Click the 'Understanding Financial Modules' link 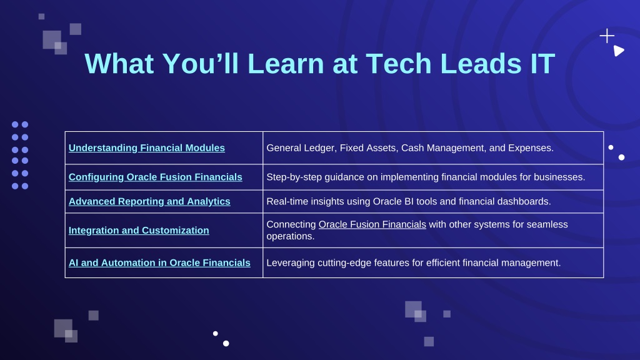(146, 147)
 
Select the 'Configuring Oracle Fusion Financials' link (155, 177)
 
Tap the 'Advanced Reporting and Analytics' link (149, 202)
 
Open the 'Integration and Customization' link (139, 230)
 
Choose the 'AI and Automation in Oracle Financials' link (159, 263)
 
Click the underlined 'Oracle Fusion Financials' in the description (372, 224)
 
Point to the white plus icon (607, 36)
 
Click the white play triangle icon (618, 51)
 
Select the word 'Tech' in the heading (398, 64)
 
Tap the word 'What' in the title (119, 64)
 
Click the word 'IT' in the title (542, 64)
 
